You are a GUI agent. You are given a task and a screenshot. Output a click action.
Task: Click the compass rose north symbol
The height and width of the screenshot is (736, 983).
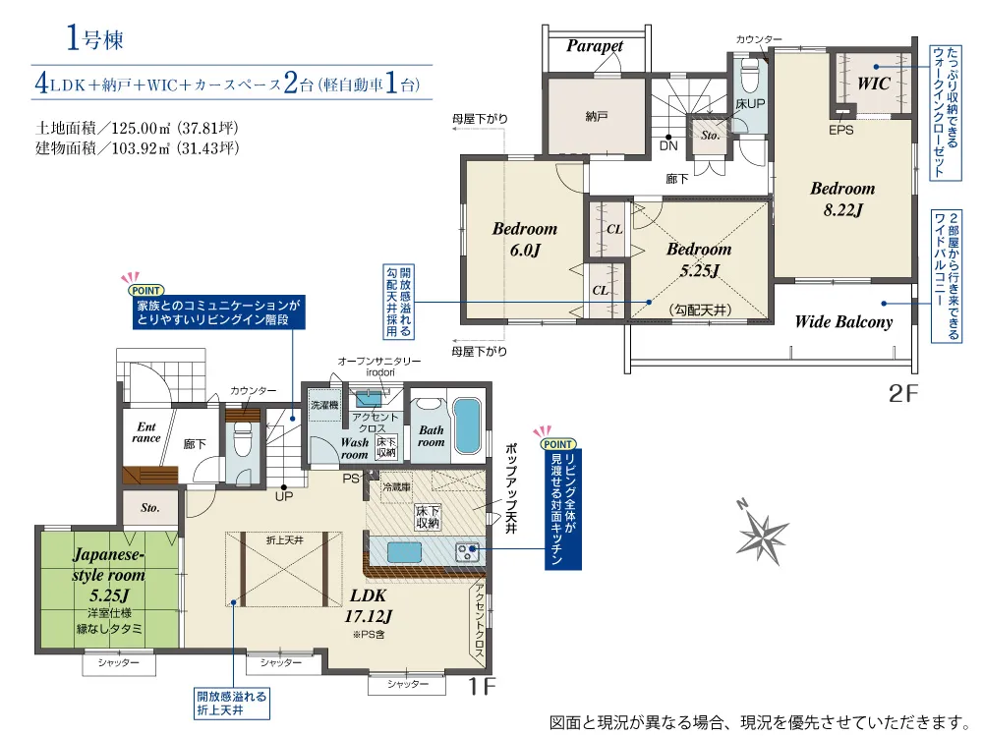762,532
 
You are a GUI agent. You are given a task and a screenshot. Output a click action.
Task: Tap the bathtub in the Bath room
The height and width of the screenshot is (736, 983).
466,425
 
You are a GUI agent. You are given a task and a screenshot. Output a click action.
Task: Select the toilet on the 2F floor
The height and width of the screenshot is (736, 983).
749,77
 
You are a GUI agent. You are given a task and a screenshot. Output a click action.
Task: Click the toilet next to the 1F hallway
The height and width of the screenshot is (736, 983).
242,439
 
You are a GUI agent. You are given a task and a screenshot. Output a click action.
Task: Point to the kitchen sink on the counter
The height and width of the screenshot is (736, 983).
404,552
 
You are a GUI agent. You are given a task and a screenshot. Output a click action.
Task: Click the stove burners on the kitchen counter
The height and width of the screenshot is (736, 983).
467,552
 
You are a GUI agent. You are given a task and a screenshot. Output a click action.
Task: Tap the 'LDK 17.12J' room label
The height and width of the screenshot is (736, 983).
368,605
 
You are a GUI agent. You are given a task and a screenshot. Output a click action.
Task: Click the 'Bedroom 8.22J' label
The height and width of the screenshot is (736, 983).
842,198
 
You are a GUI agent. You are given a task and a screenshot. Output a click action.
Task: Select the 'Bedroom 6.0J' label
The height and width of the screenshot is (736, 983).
525,240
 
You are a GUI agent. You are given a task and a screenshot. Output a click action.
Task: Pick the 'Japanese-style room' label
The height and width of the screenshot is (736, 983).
108,564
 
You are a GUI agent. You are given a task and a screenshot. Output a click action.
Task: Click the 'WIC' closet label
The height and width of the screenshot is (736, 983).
873,84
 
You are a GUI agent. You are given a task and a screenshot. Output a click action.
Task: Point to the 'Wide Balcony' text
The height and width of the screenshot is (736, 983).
843,322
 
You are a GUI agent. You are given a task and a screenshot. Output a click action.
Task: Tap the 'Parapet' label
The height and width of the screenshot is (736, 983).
595,46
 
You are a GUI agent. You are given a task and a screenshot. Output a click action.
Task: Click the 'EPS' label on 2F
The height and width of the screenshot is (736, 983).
840,130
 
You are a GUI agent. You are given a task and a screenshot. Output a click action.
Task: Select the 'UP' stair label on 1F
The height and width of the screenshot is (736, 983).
284,496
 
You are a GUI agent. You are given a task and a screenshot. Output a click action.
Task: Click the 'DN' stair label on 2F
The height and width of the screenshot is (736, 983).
668,146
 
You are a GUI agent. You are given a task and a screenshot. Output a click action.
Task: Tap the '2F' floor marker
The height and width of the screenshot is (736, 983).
902,393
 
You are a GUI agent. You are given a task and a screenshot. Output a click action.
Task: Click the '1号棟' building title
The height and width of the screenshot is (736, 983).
94,39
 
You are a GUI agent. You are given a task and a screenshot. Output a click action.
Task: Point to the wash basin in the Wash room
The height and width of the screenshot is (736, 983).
369,398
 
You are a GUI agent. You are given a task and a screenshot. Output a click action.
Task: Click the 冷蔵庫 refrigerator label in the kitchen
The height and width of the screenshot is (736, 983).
396,487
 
